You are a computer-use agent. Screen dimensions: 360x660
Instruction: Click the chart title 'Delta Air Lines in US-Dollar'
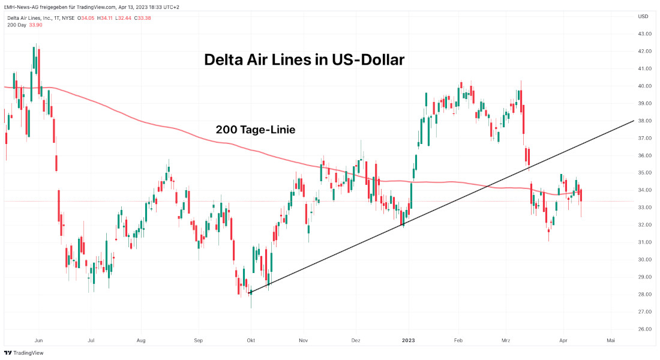304,60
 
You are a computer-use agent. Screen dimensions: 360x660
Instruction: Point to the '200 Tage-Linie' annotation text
255,130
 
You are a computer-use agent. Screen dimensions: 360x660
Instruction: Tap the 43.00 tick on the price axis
645,34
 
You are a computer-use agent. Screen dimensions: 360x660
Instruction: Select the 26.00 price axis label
645,329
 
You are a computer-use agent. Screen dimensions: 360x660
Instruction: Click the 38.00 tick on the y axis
645,121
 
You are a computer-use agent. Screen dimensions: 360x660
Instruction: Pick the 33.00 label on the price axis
645,208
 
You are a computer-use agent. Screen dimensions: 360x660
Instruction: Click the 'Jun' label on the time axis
38,340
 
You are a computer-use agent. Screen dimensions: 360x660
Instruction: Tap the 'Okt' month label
251,340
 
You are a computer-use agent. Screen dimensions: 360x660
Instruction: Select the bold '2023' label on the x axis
408,340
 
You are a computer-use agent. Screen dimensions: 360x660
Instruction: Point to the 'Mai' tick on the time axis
611,340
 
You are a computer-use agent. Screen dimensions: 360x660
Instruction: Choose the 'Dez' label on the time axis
356,340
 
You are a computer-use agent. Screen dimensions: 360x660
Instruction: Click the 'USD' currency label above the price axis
643,16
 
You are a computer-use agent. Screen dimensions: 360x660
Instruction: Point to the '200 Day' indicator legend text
16,25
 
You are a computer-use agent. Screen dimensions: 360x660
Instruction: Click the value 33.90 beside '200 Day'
35,25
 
